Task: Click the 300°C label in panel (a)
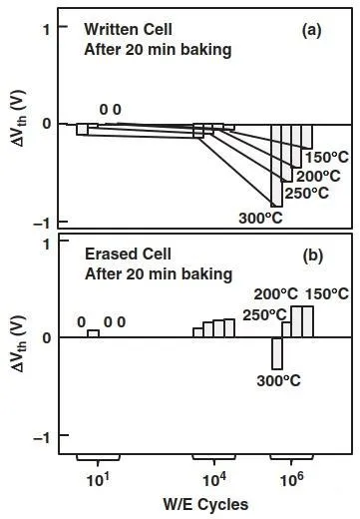[260, 219]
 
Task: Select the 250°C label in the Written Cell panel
[306, 194]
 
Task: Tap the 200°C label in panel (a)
[318, 177]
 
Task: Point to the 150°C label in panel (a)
[327, 158]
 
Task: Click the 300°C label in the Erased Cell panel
[279, 381]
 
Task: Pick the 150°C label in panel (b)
[327, 294]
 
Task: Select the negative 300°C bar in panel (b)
[277, 353]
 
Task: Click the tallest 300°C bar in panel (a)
[276, 166]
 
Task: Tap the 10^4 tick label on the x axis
[214, 479]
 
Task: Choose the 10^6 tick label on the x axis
[291, 479]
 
